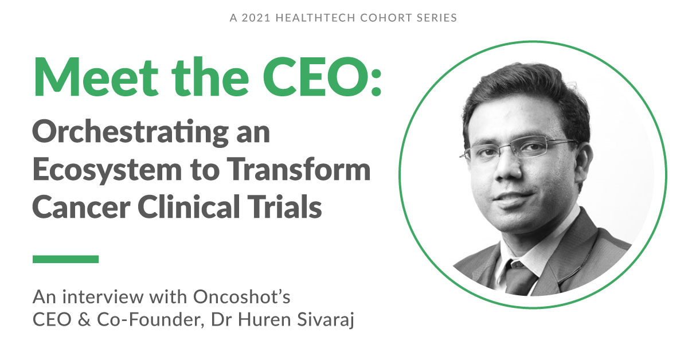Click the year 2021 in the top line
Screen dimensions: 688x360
click(256, 18)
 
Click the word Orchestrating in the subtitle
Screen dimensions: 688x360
click(131, 133)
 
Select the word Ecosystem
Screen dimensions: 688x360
click(107, 170)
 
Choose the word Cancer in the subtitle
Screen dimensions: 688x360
click(81, 208)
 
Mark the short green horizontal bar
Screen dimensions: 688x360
click(66, 259)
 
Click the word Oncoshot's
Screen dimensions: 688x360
click(242, 297)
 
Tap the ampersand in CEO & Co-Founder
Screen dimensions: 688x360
click(84, 319)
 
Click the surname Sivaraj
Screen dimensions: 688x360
click(326, 320)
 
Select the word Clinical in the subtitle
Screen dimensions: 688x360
click(189, 206)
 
